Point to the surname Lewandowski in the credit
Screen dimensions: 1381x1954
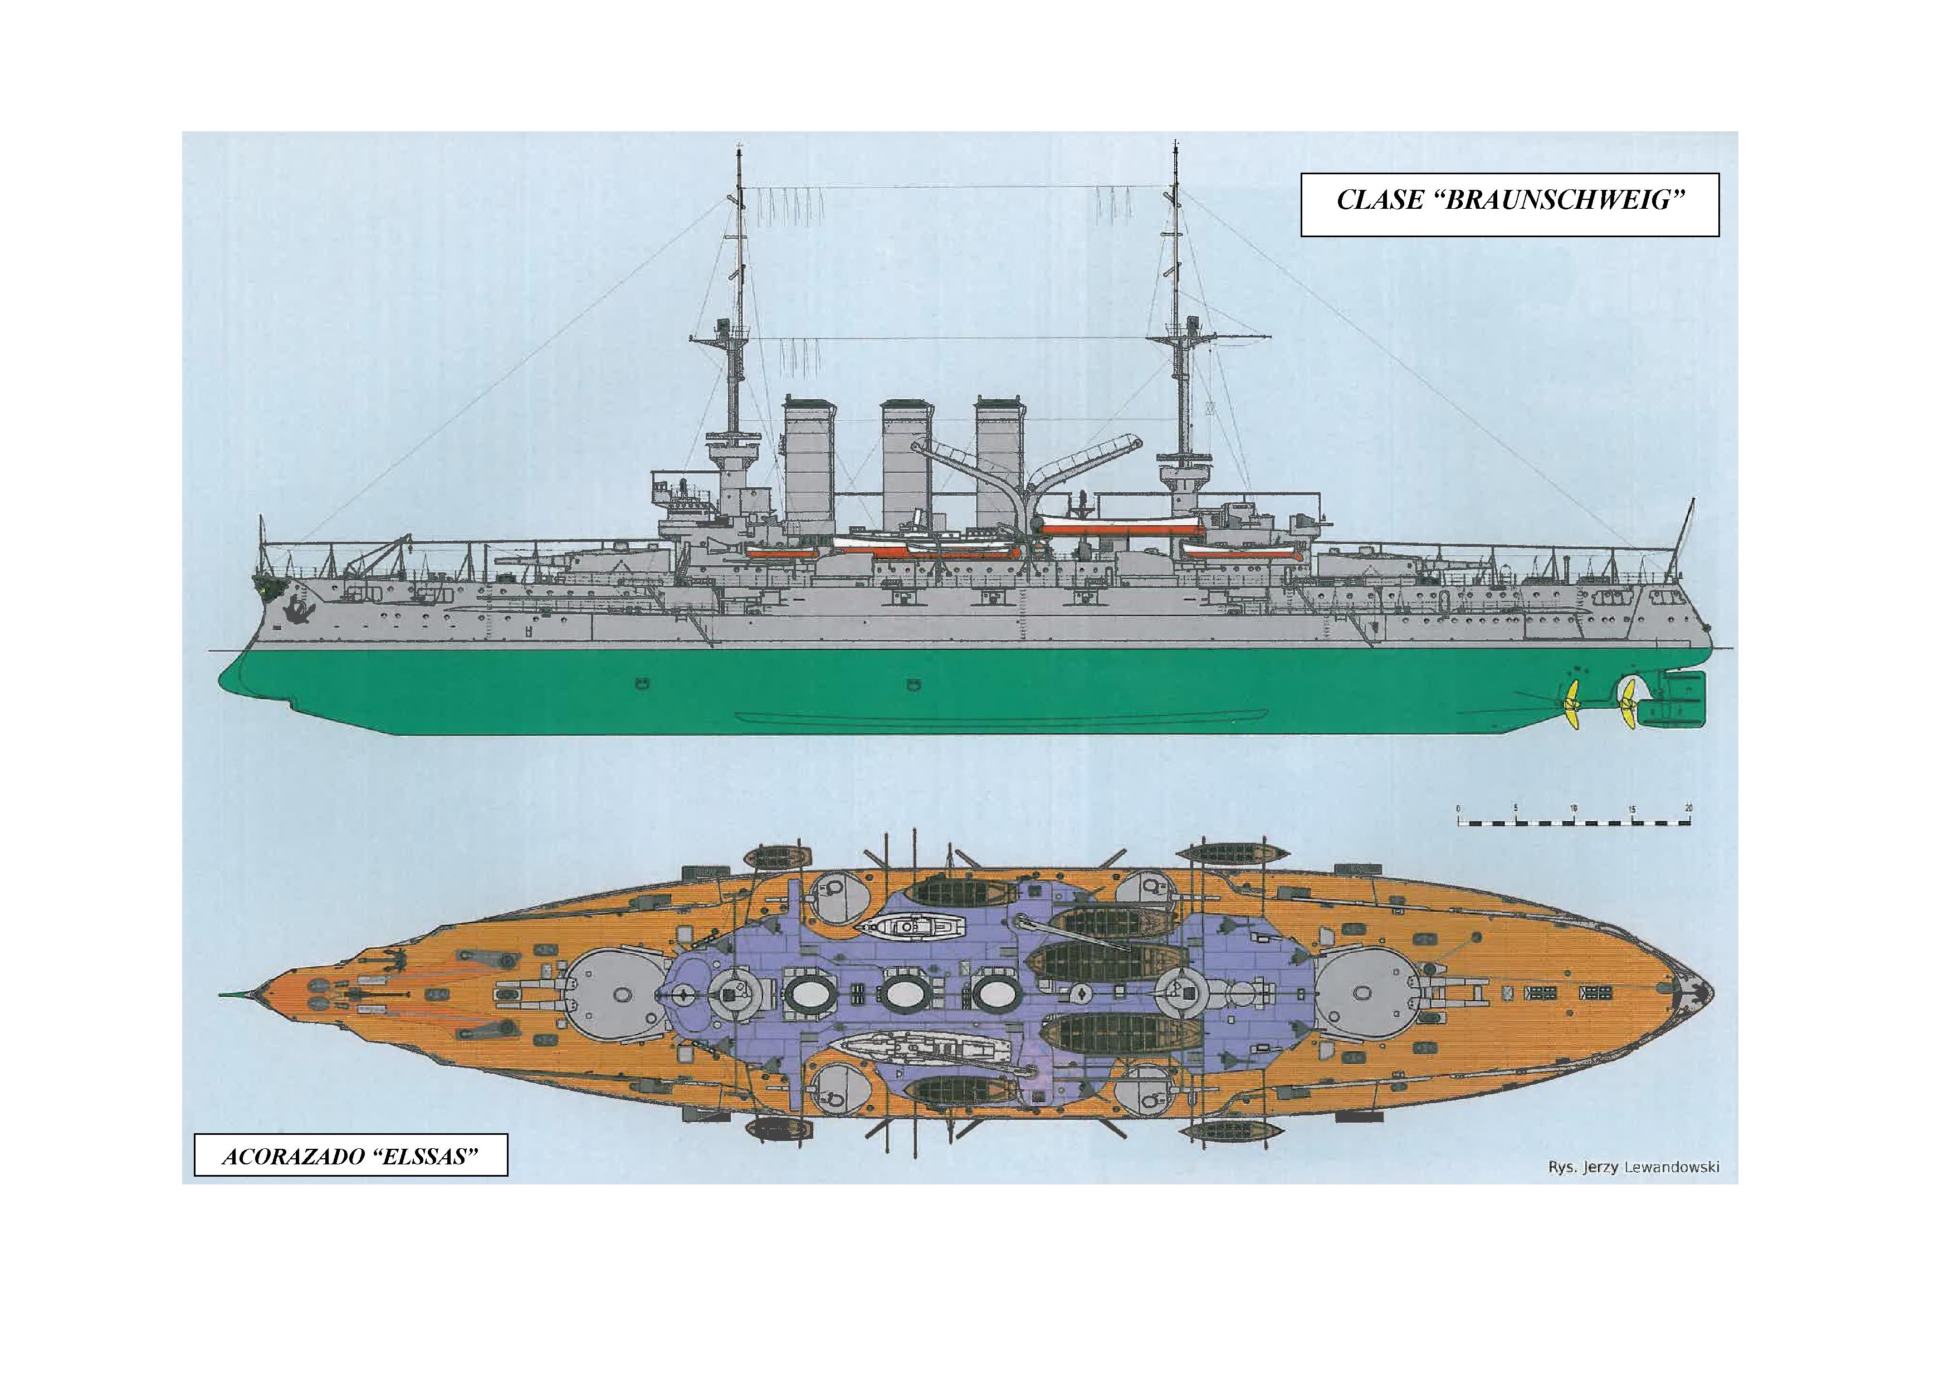coord(1670,1167)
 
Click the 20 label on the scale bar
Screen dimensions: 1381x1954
coord(1688,809)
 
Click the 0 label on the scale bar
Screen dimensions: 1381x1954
coord(1458,809)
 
